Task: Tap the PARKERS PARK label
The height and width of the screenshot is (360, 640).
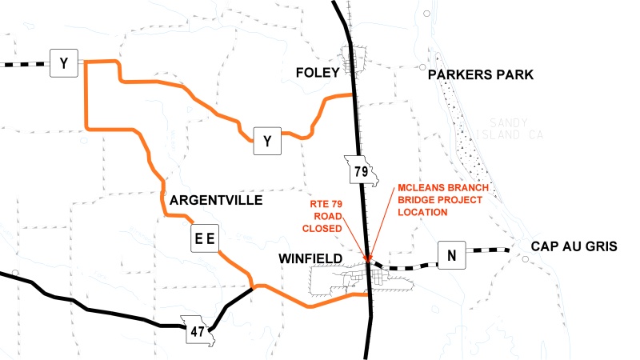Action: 480,75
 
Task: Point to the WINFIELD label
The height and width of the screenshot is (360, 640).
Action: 310,258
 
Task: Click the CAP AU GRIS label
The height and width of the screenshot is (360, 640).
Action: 578,247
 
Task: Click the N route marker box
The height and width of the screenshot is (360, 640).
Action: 451,257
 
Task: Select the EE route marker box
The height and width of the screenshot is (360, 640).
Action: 205,238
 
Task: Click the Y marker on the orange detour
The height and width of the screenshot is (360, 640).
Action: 267,142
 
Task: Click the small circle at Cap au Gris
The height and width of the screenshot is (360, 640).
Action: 523,258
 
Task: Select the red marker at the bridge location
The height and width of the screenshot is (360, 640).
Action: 368,258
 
